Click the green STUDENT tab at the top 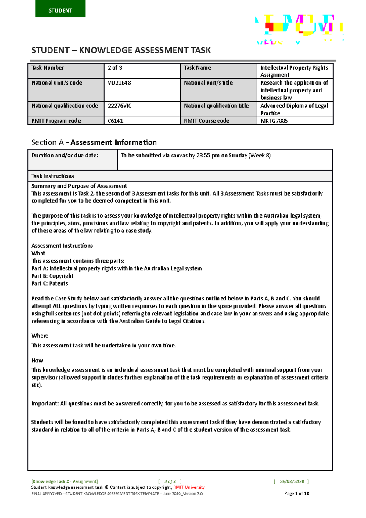click(60, 9)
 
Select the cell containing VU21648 click(142, 90)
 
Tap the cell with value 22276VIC click(142, 109)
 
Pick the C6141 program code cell click(142, 121)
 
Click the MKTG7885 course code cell click(294, 121)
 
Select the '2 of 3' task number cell click(142, 71)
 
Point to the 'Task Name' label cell click(218, 71)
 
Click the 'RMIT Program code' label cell click(66, 121)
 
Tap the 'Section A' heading click(94, 142)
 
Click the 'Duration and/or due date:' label click(65, 155)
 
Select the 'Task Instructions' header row click(180, 176)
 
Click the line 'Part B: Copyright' click(52, 276)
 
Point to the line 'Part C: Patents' click(50, 283)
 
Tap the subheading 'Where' click(40, 336)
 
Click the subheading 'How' click(37, 361)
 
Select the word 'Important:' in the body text click(45, 404)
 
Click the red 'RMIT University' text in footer click(189, 487)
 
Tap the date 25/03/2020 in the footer click(292, 482)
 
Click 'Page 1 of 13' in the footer click(296, 494)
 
